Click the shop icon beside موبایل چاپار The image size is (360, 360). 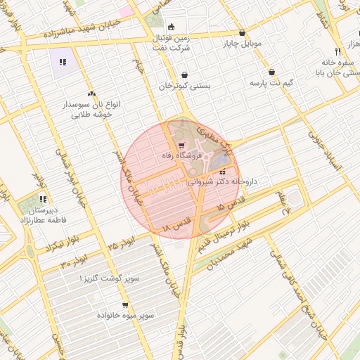pyautogui.click(x=243, y=33)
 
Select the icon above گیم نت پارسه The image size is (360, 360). pyautogui.click(x=271, y=72)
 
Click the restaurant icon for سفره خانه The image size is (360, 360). pyautogui.click(x=337, y=51)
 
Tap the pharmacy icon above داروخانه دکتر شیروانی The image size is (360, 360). pyautogui.click(x=223, y=172)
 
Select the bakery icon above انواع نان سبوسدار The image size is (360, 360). pyautogui.click(x=91, y=93)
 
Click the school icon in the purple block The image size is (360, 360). pyautogui.click(x=63, y=62)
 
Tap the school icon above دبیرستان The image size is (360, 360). pyautogui.click(x=43, y=199)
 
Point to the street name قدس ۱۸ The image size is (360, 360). pyautogui.click(x=176, y=226)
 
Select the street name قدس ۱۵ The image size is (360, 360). pyautogui.click(x=231, y=204)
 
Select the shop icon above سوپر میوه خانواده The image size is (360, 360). pyautogui.click(x=125, y=305)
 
